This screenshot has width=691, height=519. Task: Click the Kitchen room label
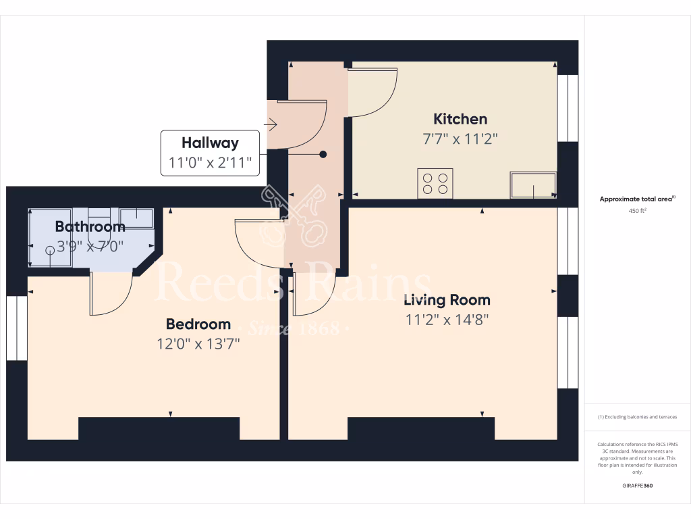click(x=460, y=120)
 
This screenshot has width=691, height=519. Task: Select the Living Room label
click(x=447, y=300)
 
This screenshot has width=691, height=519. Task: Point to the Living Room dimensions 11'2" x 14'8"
click(x=447, y=320)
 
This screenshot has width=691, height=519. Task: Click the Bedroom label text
click(x=198, y=324)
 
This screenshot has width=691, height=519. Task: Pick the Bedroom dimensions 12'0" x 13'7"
click(x=198, y=344)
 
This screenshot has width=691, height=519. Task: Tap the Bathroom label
click(x=90, y=226)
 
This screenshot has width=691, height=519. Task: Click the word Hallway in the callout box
click(x=210, y=143)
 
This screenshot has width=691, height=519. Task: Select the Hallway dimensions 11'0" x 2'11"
click(x=210, y=162)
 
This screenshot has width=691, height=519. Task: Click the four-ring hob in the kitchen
click(x=435, y=183)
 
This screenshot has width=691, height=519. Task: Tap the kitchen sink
click(x=533, y=185)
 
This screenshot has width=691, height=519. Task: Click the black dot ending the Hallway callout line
click(x=323, y=154)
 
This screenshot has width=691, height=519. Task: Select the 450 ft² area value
click(x=638, y=211)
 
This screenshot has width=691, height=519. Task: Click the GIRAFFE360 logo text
click(x=638, y=486)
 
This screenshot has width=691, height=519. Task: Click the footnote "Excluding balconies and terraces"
click(x=638, y=417)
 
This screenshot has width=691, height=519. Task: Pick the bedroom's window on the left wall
click(x=16, y=328)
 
